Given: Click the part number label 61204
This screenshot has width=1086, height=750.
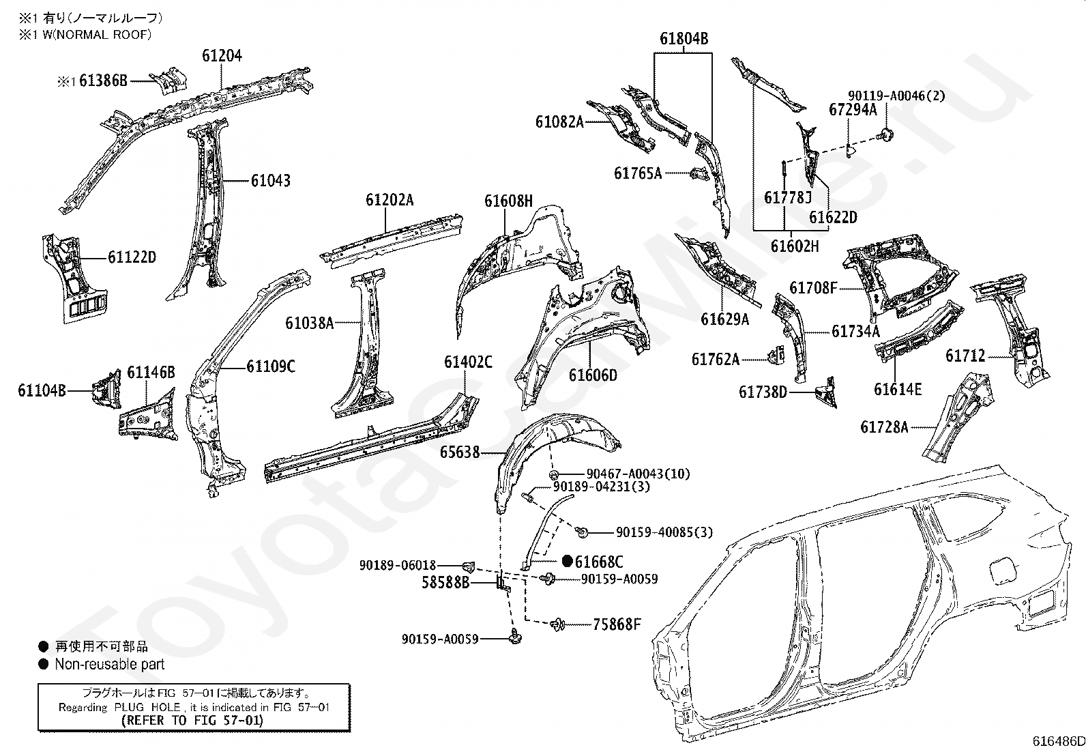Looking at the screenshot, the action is point(222,56).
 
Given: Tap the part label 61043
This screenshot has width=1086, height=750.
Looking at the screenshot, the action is point(271,181).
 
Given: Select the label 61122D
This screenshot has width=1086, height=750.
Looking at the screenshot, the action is point(132,257).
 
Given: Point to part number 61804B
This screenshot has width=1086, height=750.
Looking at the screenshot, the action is point(684,38).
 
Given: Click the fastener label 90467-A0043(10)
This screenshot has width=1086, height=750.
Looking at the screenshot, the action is point(638,474).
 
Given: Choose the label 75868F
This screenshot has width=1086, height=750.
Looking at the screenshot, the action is point(617,624).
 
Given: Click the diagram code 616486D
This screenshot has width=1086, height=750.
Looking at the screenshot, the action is point(1058,741).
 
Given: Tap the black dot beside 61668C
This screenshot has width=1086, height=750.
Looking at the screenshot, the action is point(568,561).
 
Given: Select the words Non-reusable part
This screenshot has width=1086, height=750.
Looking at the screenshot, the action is point(110,664).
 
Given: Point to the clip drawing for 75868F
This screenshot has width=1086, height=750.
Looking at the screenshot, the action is point(557,624).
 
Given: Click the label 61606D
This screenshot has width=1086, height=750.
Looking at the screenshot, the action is point(593,375).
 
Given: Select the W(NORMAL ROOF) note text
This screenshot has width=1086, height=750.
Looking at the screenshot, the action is point(97,35).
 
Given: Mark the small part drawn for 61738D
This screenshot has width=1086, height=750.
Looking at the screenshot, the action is point(825,392).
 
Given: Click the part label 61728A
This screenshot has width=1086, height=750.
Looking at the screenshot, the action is point(884,427).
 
